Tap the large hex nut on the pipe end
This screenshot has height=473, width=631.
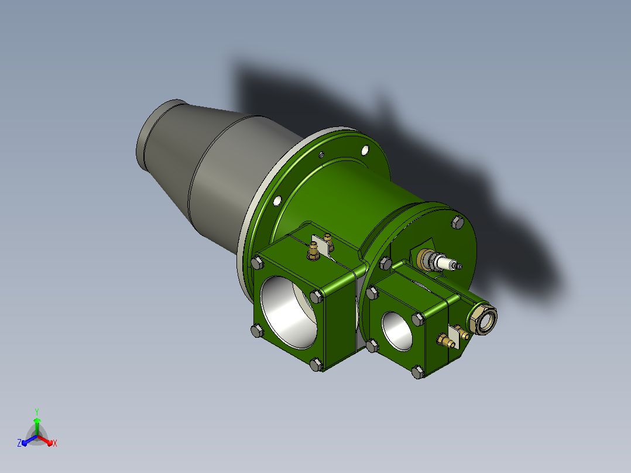(482, 319)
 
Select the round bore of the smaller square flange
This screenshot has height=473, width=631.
(397, 331)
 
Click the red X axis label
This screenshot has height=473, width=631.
(55, 443)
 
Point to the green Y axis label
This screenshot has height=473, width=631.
(37, 412)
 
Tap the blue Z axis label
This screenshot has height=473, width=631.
(19, 443)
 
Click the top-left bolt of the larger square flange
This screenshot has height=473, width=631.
(257, 263)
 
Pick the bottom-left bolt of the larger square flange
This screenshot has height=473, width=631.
(257, 331)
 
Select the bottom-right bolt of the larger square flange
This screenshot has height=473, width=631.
(316, 365)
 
